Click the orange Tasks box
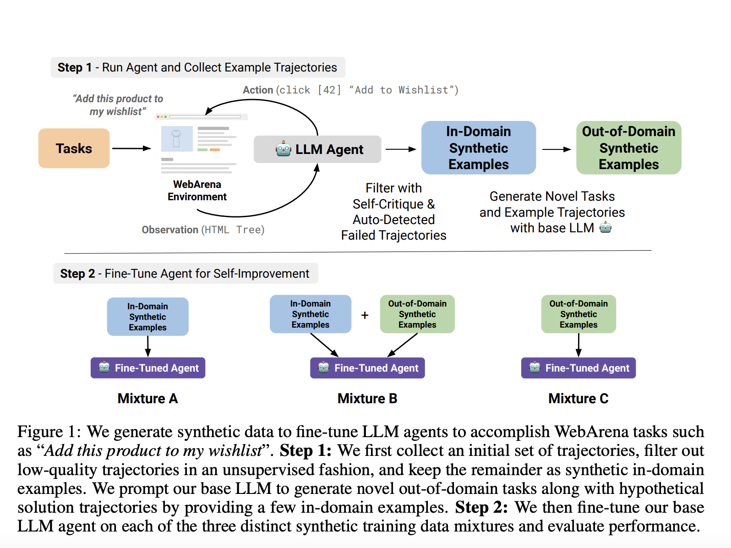click(x=74, y=148)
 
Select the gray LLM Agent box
click(x=317, y=149)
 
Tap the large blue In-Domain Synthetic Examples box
click(x=478, y=148)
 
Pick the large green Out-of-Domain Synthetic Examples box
click(x=628, y=148)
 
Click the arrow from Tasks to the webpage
click(x=131, y=148)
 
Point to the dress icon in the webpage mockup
click(x=176, y=138)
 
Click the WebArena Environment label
click(x=197, y=190)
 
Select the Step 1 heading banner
click(x=197, y=67)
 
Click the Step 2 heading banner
click(x=185, y=274)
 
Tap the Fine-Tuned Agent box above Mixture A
click(x=148, y=368)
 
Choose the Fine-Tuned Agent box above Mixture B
click(x=367, y=368)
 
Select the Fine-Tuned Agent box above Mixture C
click(x=578, y=368)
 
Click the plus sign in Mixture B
click(x=365, y=315)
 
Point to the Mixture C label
click(x=578, y=398)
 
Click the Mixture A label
click(x=147, y=398)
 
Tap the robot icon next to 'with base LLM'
click(x=606, y=227)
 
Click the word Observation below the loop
click(x=169, y=230)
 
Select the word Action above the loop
click(x=257, y=90)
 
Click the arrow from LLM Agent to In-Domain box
click(x=400, y=149)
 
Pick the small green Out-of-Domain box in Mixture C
click(x=578, y=314)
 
